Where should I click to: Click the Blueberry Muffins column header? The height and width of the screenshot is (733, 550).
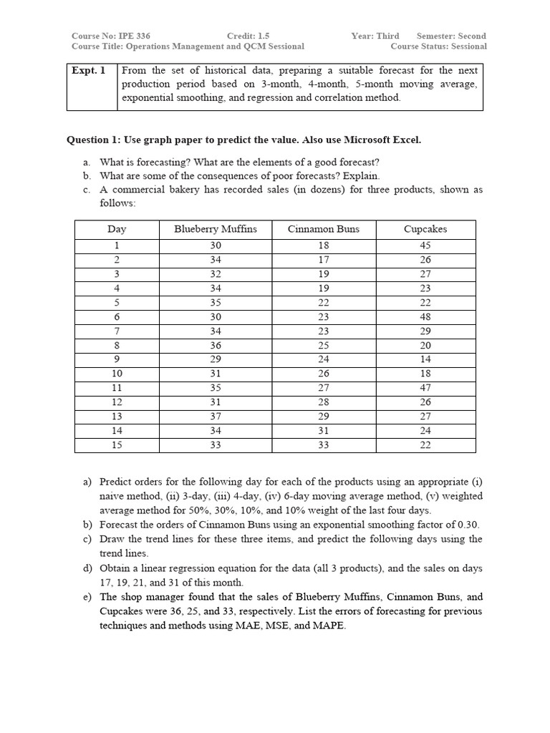coord(215,229)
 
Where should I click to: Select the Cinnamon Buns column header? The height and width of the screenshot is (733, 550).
coord(324,229)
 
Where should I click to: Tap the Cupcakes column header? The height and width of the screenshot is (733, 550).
coord(425,229)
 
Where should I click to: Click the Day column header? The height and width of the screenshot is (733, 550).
coord(117,229)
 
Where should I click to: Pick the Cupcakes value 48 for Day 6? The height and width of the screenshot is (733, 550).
coord(425,316)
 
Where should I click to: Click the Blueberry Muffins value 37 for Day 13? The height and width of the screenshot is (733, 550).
coord(215,416)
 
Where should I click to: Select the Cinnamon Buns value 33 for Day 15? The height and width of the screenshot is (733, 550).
coord(324,445)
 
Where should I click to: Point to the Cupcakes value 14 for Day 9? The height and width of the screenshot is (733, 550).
coord(425,359)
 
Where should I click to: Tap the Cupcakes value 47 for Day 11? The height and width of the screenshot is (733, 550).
coord(425,387)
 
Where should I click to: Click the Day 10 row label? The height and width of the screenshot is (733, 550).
coord(117,373)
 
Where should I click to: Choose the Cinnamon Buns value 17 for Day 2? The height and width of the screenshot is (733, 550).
coord(324,259)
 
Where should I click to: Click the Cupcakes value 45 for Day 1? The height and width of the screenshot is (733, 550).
coord(425,245)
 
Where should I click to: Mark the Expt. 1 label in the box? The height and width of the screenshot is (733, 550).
coord(89,70)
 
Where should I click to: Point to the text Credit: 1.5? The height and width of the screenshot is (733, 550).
coord(248,36)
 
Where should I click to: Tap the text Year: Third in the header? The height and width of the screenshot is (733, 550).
coord(375,36)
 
